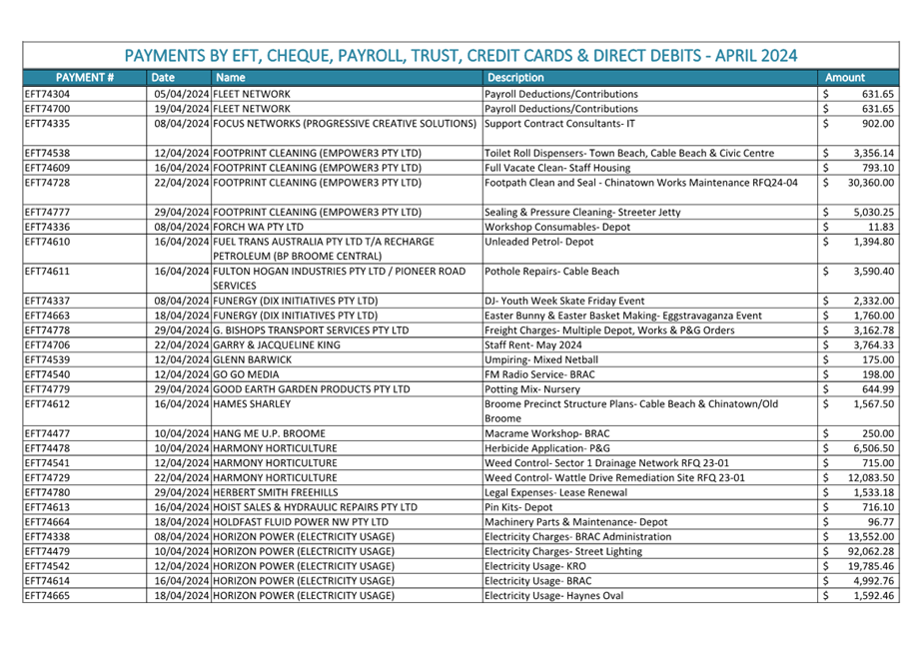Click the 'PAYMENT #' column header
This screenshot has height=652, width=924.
pos(84,77)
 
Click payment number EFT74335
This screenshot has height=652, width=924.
pos(47,124)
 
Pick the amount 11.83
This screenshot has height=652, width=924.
pos(882,228)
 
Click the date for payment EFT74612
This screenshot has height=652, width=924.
pos(182,403)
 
